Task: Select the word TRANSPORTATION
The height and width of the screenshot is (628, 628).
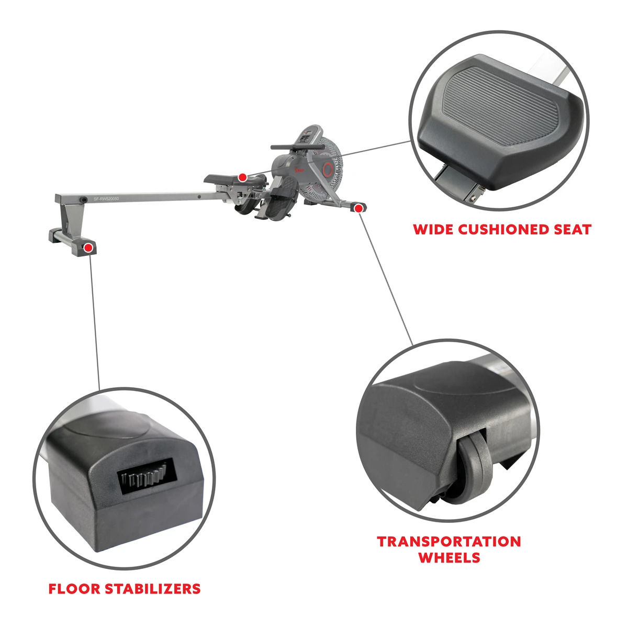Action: pos(449,541)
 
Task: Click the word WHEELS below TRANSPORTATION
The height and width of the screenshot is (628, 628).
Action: pos(449,557)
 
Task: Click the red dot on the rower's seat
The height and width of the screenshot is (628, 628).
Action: pos(242,177)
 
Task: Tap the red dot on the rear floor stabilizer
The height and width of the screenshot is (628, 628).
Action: pos(89,247)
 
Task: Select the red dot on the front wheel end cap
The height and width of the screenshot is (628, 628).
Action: pos(358,208)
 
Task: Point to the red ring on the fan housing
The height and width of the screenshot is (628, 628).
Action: pos(329,169)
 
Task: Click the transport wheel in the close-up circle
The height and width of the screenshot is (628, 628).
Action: pos(474,466)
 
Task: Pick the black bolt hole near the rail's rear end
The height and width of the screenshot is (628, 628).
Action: pos(84,199)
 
